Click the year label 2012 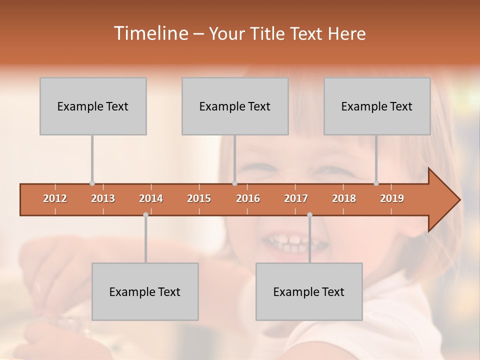[55, 198]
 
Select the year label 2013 [103, 198]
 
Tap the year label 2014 [151, 198]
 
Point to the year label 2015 [199, 198]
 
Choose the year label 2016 [248, 198]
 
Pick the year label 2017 [296, 198]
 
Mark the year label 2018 [344, 198]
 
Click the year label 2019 [392, 198]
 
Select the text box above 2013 [93, 106]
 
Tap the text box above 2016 [235, 106]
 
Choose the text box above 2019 [377, 106]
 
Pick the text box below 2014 [145, 291]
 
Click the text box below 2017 [309, 291]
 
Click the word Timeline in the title [150, 33]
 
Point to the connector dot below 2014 [145, 214]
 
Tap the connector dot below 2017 [309, 214]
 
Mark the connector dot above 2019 [376, 183]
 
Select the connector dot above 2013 [92, 183]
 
